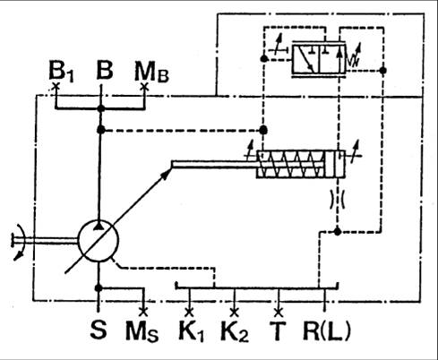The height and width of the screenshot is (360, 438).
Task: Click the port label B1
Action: pyautogui.click(x=61, y=72)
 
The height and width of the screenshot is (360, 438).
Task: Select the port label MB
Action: pyautogui.click(x=151, y=72)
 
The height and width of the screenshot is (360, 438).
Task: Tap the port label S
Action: pyautogui.click(x=99, y=330)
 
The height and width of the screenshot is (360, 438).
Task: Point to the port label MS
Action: pyautogui.click(x=142, y=331)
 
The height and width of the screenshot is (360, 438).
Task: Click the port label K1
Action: pyautogui.click(x=191, y=330)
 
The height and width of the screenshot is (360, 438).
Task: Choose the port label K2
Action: pyautogui.click(x=235, y=330)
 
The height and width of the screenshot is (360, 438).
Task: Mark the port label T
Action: pyautogui.click(x=278, y=330)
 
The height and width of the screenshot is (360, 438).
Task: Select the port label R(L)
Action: pyautogui.click(x=327, y=330)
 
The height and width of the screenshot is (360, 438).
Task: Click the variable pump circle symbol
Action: pyautogui.click(x=99, y=241)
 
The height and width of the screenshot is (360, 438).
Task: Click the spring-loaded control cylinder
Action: pyautogui.click(x=301, y=164)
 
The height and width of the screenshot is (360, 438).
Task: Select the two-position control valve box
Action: pyautogui.click(x=319, y=58)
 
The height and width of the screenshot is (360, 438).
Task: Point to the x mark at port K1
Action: pyautogui.click(x=189, y=313)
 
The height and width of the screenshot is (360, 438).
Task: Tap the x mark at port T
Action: pyautogui.click(x=279, y=313)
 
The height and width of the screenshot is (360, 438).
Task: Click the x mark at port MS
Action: pyautogui.click(x=143, y=313)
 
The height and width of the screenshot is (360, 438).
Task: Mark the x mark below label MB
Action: pyautogui.click(x=144, y=87)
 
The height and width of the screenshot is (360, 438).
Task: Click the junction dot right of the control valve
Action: pyautogui.click(x=382, y=71)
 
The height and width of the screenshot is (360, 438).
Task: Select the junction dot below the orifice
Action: pyautogui.click(x=338, y=231)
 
